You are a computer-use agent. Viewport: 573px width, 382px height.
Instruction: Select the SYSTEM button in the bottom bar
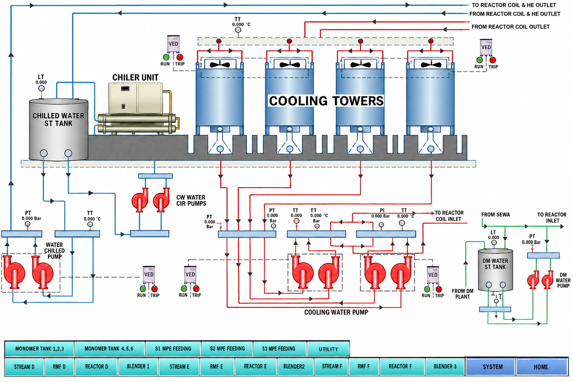[492, 367]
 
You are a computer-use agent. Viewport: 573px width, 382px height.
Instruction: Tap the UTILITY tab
[328, 349]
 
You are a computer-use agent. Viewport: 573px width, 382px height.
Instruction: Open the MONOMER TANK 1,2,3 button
[40, 349]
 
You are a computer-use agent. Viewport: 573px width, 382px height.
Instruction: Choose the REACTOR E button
[255, 367]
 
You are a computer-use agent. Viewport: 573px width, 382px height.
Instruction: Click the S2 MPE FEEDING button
[227, 349]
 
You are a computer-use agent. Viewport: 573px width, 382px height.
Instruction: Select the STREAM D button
[24, 367]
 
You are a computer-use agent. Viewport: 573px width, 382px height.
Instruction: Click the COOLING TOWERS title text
[326, 101]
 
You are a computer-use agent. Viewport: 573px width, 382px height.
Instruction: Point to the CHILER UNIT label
[135, 78]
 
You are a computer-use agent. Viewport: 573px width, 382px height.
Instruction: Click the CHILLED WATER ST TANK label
[58, 119]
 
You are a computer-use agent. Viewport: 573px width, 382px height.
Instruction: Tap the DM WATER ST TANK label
[495, 264]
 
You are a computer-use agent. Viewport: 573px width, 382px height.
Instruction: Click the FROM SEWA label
[495, 215]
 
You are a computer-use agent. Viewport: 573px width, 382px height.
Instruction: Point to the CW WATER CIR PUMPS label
[191, 200]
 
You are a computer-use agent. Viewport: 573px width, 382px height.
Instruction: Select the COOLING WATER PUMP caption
[336, 312]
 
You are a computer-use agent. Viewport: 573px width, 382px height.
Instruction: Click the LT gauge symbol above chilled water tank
[41, 88]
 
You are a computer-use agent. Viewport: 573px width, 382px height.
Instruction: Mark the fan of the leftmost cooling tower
[220, 65]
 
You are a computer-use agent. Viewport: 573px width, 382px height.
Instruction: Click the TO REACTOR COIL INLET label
[449, 216]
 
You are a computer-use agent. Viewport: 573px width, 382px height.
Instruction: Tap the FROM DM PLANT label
[463, 294]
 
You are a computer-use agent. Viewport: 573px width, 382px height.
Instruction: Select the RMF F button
[363, 367]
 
